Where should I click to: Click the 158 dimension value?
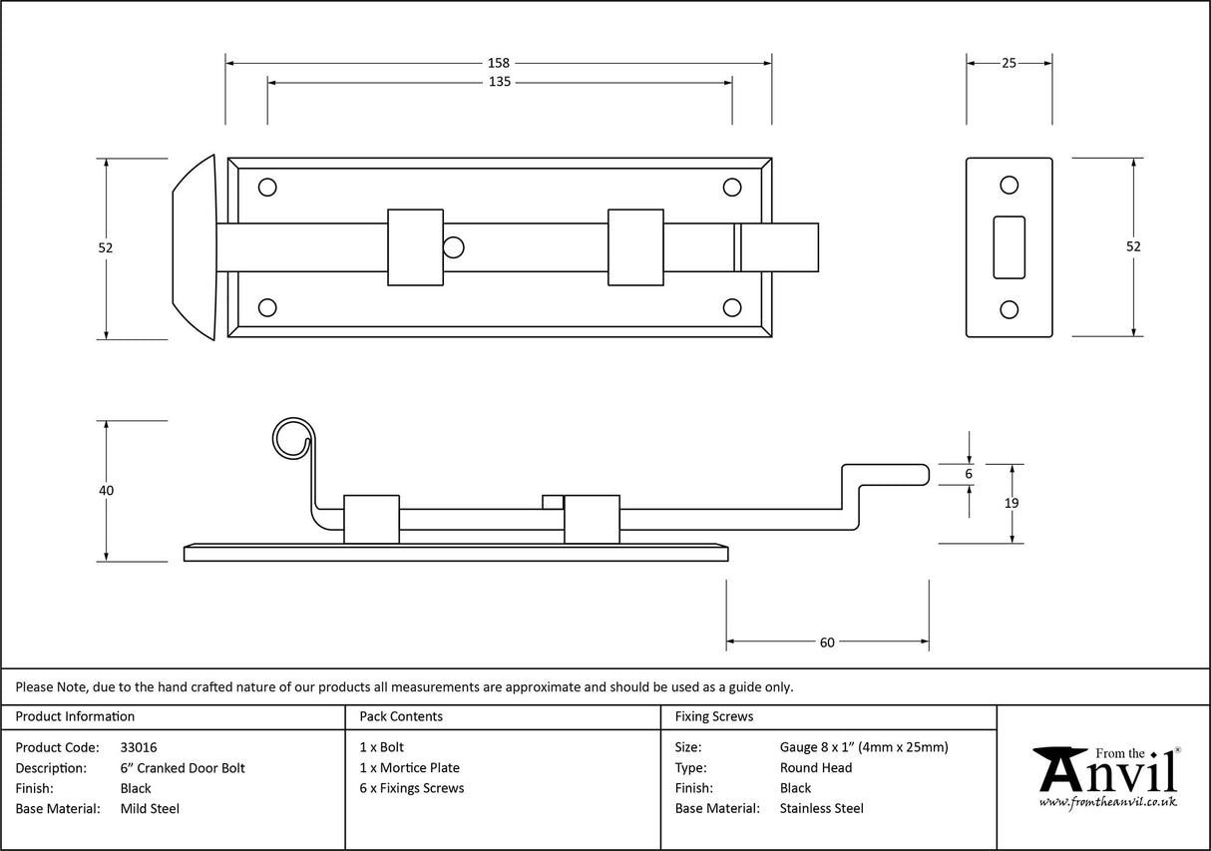click(x=500, y=63)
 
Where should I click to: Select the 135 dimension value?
click(x=500, y=82)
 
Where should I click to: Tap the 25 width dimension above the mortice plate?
click(x=1009, y=63)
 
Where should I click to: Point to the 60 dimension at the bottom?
click(x=827, y=642)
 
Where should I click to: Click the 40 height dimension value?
click(x=107, y=491)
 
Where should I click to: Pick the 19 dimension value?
click(x=1011, y=504)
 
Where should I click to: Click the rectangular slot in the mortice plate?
click(x=1009, y=246)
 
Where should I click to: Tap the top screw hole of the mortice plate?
click(x=1009, y=185)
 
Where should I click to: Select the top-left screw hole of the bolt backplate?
click(x=267, y=187)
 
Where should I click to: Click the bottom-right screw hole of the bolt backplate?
click(x=732, y=307)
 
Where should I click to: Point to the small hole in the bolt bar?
click(x=454, y=246)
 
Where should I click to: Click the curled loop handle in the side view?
click(x=291, y=438)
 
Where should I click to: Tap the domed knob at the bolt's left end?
click(x=195, y=247)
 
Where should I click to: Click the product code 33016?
click(x=138, y=747)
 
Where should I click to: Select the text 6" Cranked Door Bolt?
click(x=182, y=768)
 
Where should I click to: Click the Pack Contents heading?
click(x=401, y=716)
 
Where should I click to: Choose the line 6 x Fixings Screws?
click(x=412, y=788)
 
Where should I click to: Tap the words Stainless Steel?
click(x=821, y=809)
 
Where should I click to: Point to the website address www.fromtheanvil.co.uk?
click(x=1108, y=802)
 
